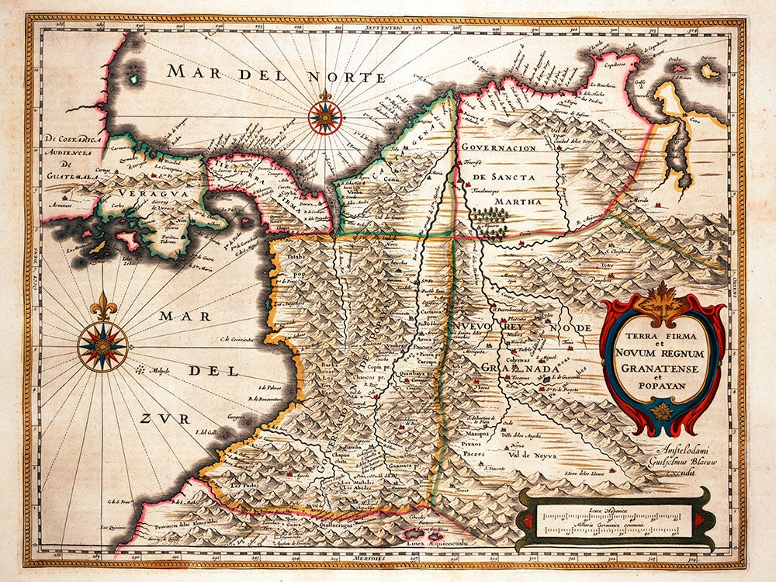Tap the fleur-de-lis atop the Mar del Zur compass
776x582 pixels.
point(102,307)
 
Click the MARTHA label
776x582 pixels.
point(509,202)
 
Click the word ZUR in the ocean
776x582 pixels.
point(165,418)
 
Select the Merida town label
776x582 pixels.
point(642,199)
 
